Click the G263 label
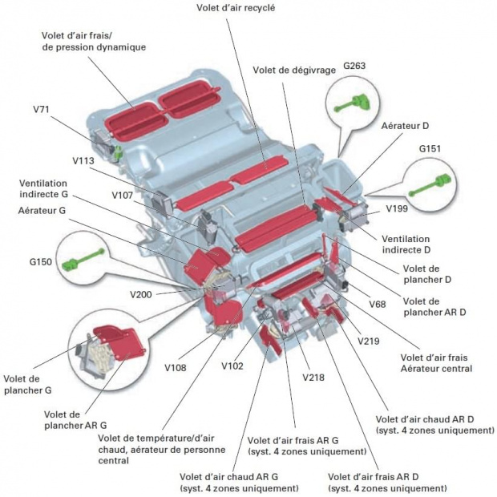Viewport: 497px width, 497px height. (354, 66)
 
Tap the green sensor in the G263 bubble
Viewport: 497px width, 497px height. (353, 103)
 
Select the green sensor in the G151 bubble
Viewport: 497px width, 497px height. (430, 184)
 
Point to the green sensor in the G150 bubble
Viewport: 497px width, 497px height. (83, 260)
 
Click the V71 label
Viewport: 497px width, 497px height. (41, 109)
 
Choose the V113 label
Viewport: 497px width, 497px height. (83, 160)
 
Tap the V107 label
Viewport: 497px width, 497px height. (123, 195)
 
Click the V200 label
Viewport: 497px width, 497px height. (141, 294)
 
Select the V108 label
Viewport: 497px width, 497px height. (176, 368)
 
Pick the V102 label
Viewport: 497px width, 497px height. (232, 366)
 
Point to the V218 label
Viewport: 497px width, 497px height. (313, 378)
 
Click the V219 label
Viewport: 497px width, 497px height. (368, 341)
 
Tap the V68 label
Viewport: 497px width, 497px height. (378, 305)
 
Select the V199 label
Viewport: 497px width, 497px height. (397, 208)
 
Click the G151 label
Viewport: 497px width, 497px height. (430, 148)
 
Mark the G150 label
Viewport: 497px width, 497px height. (41, 262)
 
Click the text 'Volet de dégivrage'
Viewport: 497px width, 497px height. (294, 70)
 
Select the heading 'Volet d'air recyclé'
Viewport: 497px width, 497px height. (236, 8)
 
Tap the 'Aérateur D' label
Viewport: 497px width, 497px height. (405, 126)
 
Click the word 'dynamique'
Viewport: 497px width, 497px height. (124, 47)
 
